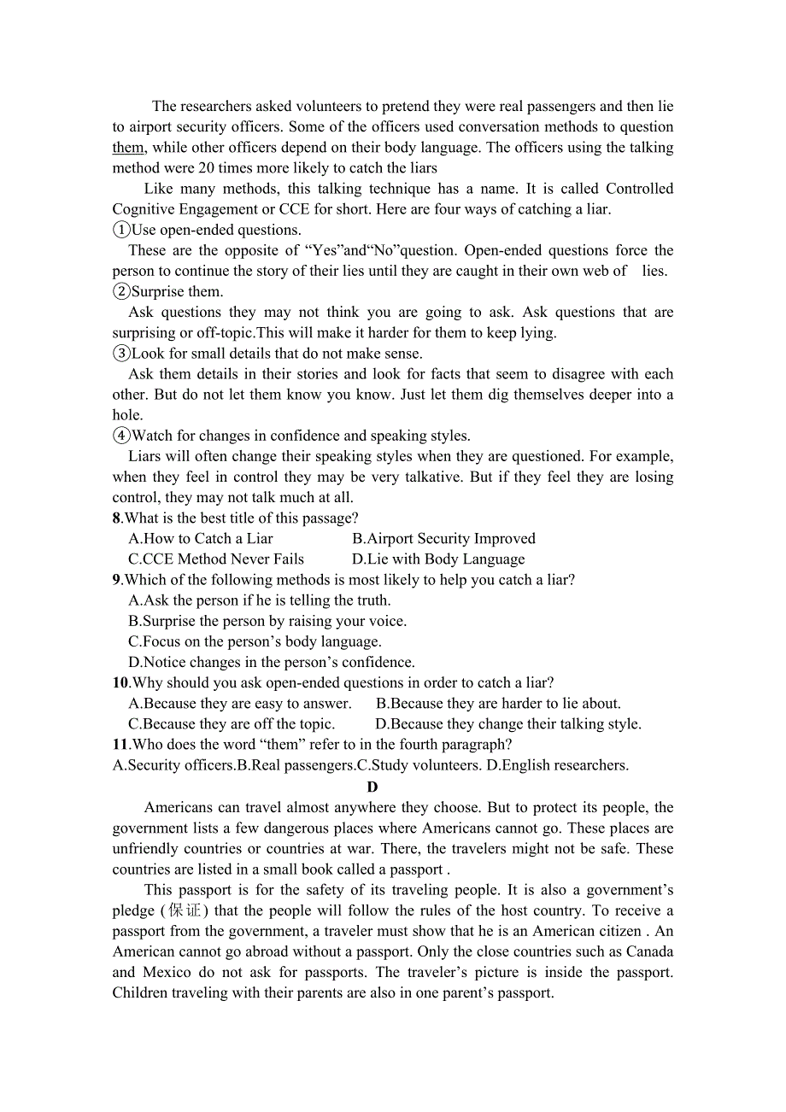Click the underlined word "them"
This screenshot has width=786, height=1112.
127,148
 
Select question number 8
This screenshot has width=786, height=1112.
117,518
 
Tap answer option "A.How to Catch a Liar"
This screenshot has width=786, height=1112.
201,539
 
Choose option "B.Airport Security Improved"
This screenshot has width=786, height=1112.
443,539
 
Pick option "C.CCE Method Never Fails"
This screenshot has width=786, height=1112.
216,559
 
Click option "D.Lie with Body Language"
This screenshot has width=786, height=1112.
438,559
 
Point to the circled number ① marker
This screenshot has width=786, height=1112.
121,231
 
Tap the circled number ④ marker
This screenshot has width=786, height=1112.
121,436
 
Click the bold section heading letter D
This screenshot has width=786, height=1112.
372,787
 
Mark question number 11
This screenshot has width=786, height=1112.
120,745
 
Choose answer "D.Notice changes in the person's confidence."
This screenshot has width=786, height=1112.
272,663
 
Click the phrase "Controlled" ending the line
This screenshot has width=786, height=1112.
639,189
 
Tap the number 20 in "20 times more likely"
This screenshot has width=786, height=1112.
207,168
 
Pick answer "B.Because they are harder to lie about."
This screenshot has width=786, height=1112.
498,704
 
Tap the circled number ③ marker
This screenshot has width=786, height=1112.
121,354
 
